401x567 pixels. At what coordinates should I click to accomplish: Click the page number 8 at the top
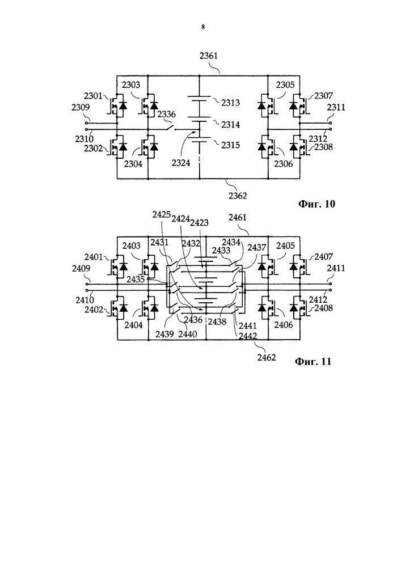203,27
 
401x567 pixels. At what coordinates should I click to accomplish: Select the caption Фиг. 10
316,204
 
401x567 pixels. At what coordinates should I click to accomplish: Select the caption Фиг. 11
313,362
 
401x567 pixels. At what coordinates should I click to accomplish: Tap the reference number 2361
209,56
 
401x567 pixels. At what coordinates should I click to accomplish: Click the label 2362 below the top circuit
238,196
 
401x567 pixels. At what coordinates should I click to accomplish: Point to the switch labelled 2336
170,127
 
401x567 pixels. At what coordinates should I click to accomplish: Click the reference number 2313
231,103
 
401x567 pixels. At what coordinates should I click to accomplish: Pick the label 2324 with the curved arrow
181,163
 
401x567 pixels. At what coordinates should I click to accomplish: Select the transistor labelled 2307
299,105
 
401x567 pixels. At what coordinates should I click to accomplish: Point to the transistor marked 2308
299,147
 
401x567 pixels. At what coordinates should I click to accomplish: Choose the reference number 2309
81,107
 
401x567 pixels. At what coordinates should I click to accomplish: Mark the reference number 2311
336,107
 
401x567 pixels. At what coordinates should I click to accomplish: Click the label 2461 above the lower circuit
238,217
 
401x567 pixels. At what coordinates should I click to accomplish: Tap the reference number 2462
267,357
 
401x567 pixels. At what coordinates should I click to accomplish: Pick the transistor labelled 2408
299,308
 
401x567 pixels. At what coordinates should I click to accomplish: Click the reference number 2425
161,214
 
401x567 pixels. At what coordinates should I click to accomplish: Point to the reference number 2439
165,334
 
